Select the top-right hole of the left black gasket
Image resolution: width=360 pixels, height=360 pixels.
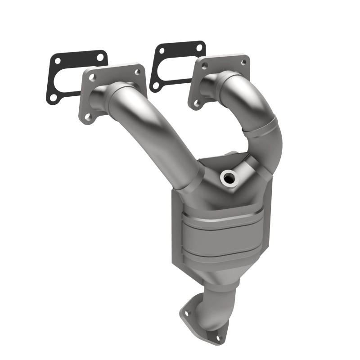point(100,57)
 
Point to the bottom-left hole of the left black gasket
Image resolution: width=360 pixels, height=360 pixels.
point(53,97)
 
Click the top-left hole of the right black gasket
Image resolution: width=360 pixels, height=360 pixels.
point(160,51)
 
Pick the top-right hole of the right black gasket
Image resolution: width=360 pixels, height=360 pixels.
point(198,47)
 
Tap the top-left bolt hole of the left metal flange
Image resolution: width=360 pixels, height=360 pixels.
point(92,77)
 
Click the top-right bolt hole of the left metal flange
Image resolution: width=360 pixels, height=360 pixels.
point(137,71)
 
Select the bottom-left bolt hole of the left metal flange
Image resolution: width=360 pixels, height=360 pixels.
point(87,117)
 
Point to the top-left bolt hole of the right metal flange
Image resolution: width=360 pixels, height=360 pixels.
point(204,66)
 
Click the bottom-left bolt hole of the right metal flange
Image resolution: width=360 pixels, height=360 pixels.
point(197,103)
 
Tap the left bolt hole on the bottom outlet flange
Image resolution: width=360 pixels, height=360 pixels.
point(187,310)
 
